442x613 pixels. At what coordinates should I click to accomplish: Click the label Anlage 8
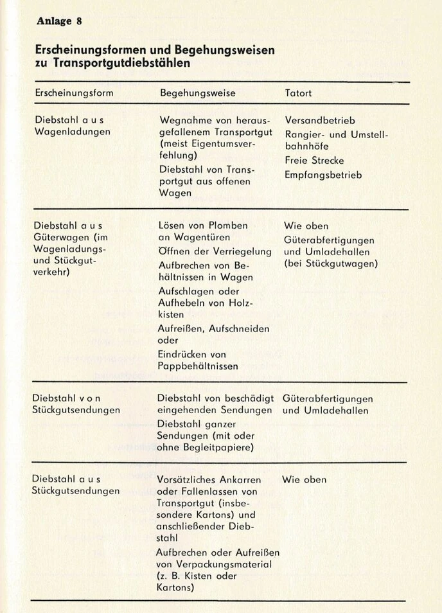[59, 21]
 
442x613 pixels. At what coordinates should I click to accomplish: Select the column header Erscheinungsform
[74, 93]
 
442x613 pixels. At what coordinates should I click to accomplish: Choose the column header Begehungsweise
[197, 93]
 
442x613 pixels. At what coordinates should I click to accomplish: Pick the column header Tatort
[298, 93]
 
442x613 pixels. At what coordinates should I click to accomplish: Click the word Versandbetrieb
[320, 120]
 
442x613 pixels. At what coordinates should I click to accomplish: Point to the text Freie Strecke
[314, 161]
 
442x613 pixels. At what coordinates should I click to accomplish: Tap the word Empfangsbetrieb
[323, 174]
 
